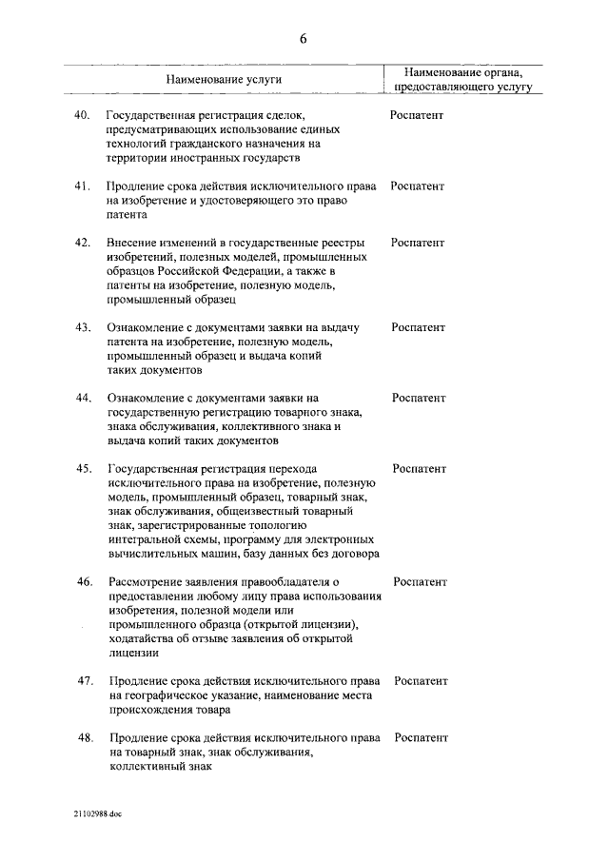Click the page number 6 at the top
(x=304, y=39)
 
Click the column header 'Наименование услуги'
(x=225, y=79)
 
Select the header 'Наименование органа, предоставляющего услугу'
(x=463, y=79)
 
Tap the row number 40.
(x=83, y=115)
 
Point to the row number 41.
(x=83, y=186)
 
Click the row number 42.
(x=83, y=244)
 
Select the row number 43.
(x=83, y=327)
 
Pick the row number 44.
(x=83, y=399)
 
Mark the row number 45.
(x=83, y=469)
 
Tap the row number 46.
(x=84, y=581)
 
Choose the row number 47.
(x=84, y=681)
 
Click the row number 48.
(x=84, y=737)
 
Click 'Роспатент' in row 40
(x=417, y=115)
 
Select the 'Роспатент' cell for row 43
(x=418, y=327)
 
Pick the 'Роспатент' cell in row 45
(x=419, y=469)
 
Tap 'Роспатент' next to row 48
(x=421, y=737)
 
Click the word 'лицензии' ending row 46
(x=133, y=654)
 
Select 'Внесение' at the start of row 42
(x=132, y=244)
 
